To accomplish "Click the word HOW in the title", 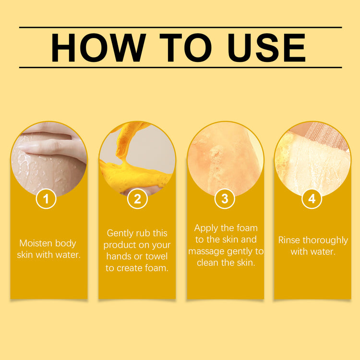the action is click(98, 48).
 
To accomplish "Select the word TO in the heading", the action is click(185, 48).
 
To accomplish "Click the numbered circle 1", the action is click(46, 199).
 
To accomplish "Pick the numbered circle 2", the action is click(137, 199).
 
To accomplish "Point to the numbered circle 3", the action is click(225, 199).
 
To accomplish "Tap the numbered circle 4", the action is click(312, 199).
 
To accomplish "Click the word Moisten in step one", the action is click(34, 243).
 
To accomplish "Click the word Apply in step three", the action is click(206, 228).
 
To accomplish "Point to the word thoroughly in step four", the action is click(325, 240).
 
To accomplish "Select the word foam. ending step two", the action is click(156, 268).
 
